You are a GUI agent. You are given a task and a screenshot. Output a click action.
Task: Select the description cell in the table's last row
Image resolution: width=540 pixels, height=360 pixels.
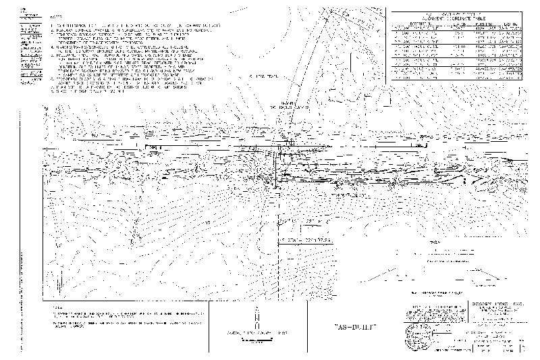(412, 77)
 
